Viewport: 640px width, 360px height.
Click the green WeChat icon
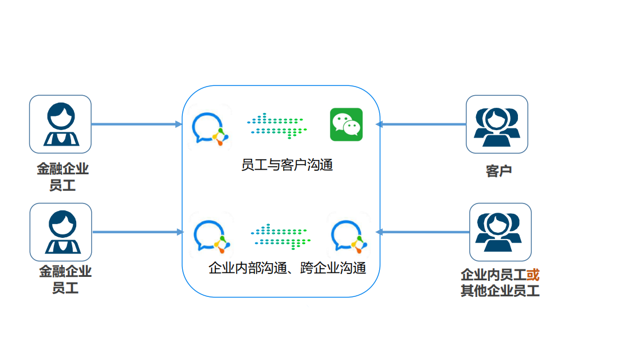tap(346, 124)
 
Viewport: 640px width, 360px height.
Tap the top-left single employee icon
tap(60, 124)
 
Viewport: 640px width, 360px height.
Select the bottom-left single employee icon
tap(61, 232)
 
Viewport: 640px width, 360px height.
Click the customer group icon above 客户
tap(497, 124)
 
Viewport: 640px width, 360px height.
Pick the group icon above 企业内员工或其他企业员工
tap(500, 232)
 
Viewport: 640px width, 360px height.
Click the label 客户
tap(499, 171)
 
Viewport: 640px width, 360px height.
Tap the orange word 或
tap(533, 275)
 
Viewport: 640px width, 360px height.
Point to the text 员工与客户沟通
tap(287, 165)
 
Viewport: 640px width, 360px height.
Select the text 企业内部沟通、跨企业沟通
tap(287, 268)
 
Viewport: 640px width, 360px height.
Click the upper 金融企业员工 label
tap(62, 177)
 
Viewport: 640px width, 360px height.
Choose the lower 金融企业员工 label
tap(65, 280)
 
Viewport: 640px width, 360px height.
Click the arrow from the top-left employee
tap(137, 124)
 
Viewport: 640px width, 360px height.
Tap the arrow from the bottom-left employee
tap(138, 232)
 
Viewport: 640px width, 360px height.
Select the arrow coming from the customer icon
tap(421, 124)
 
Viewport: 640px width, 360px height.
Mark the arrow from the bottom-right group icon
tap(422, 232)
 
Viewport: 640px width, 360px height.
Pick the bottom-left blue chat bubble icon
tap(211, 236)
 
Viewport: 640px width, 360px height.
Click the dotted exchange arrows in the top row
tap(277, 126)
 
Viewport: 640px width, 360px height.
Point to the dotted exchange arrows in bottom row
tap(280, 236)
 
